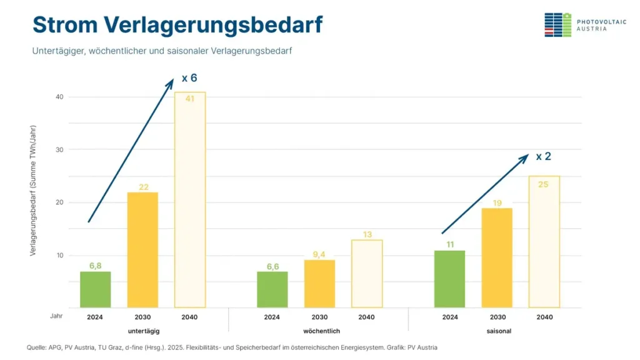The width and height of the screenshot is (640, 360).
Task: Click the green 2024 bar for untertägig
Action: (x=95, y=289)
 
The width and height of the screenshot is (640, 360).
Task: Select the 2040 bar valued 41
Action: (x=190, y=200)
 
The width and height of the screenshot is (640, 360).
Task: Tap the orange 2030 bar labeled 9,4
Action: (x=319, y=284)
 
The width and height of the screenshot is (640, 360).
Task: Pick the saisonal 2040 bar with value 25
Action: (x=544, y=242)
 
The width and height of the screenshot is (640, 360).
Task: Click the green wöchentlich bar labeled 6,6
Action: (x=272, y=289)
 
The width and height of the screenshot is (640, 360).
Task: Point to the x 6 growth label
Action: (x=189, y=78)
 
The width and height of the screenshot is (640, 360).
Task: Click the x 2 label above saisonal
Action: (x=543, y=156)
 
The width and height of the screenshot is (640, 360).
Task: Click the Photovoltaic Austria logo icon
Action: (x=557, y=24)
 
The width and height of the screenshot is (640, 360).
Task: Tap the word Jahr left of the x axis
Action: (x=56, y=317)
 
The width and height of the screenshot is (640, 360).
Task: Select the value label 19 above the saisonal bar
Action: (x=497, y=203)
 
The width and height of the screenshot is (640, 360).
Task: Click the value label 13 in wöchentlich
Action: (x=367, y=235)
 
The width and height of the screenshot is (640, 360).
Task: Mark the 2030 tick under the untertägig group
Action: (x=142, y=317)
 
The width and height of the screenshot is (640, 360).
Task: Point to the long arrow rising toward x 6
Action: (x=131, y=150)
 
